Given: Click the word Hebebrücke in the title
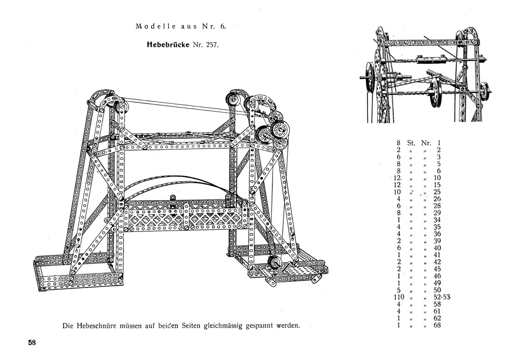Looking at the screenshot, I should point(168,44).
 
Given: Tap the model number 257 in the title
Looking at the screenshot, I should point(212,44).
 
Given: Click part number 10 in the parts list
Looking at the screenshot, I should point(437,178).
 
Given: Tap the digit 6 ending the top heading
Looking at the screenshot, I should point(230,26).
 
